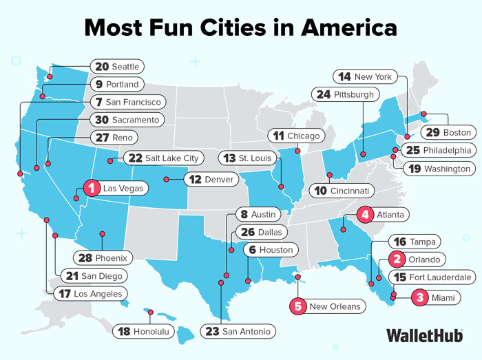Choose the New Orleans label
tap(334, 306)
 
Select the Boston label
tap(456, 132)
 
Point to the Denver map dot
tap(165, 180)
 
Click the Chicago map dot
tap(297, 151)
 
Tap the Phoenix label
tap(110, 258)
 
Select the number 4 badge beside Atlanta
tap(366, 214)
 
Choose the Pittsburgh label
tap(354, 94)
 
